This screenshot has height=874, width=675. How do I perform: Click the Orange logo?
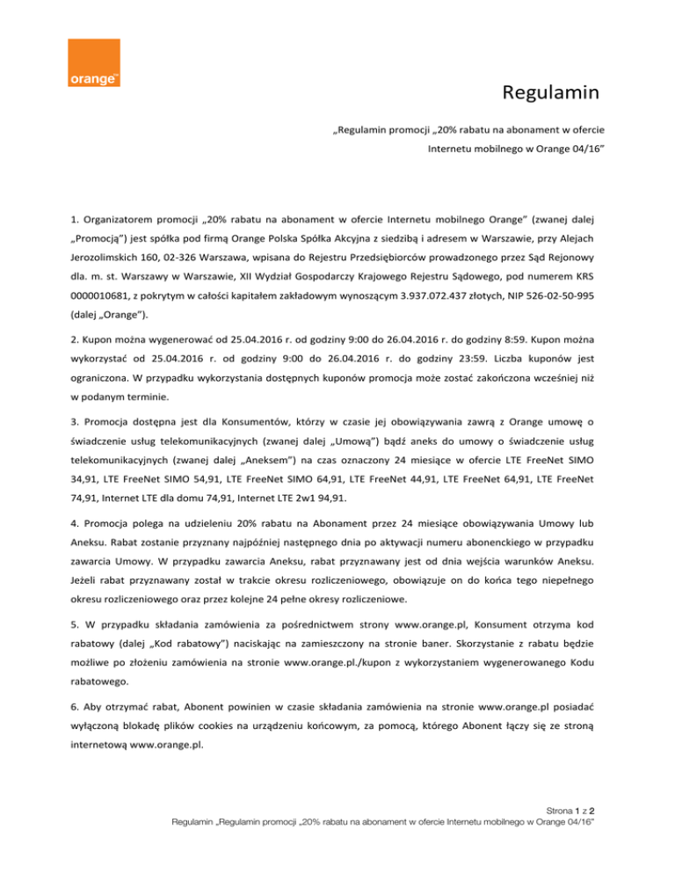point(94,62)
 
